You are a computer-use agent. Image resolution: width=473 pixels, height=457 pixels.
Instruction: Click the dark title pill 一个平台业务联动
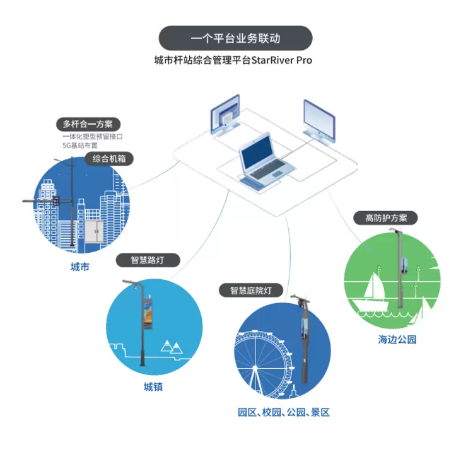[235, 38]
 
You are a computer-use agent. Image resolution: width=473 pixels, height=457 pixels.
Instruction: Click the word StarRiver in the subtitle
[272, 61]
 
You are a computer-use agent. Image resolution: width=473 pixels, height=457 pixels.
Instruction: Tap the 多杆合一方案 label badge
[88, 124]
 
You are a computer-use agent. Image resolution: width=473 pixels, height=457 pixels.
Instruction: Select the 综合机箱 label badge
[109, 159]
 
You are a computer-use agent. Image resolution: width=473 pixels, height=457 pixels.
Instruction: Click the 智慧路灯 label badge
[148, 260]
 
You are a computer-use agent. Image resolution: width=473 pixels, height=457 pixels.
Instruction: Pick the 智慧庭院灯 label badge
[250, 291]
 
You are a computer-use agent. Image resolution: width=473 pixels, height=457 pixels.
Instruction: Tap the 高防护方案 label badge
[386, 218]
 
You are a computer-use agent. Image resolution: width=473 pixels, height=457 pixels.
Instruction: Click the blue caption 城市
[80, 267]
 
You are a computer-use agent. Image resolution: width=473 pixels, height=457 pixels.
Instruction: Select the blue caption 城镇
[153, 387]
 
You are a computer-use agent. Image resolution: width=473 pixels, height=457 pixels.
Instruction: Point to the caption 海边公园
[397, 339]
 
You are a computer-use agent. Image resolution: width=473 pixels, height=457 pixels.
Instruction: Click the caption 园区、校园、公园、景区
[284, 412]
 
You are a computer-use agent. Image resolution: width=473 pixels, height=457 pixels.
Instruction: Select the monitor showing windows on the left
[225, 115]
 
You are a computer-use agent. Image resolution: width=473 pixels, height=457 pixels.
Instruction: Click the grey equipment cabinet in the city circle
[94, 231]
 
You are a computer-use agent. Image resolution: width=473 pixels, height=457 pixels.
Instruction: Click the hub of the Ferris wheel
[255, 368]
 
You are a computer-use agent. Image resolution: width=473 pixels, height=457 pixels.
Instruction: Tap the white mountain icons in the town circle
[172, 347]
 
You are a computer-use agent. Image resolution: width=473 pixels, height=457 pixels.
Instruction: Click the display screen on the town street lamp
[148, 314]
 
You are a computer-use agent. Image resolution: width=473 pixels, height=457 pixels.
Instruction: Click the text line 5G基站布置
[80, 146]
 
